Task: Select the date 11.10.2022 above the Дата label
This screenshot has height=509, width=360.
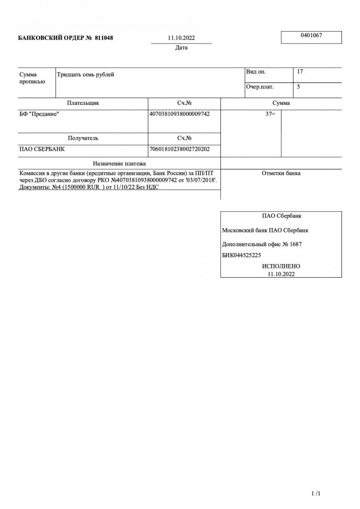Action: coord(182,39)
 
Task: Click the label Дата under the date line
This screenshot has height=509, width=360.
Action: coord(182,48)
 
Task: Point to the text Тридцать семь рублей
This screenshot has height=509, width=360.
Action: coord(86,75)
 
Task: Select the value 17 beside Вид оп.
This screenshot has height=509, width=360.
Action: coord(300,72)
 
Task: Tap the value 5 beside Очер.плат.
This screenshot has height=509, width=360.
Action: coord(298,87)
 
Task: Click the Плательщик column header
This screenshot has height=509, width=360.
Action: coord(83,103)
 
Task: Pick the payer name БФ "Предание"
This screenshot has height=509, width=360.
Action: coord(39,114)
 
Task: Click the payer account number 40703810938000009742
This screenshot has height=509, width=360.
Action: coord(179,114)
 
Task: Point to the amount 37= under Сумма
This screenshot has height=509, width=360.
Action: coord(270,115)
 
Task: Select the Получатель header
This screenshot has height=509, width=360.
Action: coord(83,139)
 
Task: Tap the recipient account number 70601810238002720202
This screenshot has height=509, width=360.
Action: coord(179,149)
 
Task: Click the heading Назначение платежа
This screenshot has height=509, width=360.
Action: coord(119,163)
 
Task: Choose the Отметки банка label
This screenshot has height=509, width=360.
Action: coord(281,173)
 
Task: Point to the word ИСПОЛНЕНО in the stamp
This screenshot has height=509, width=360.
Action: coord(281,266)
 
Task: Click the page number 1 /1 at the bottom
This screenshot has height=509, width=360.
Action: coord(315,494)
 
